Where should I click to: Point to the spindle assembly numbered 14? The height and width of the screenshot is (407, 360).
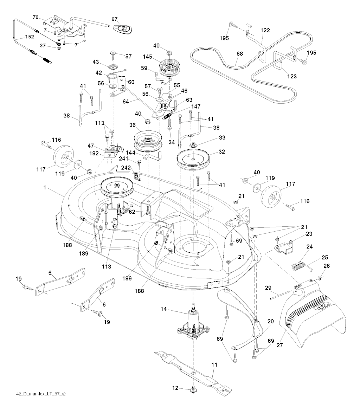[x=194, y=323]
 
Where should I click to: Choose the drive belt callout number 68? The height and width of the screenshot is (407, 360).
[x=239, y=54]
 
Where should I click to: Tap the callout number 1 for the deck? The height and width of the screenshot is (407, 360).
[x=45, y=188]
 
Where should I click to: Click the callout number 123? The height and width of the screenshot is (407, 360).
[x=291, y=76]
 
